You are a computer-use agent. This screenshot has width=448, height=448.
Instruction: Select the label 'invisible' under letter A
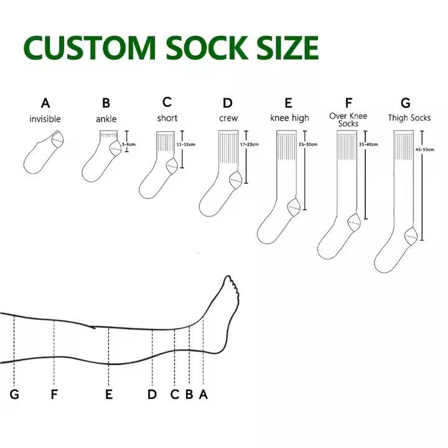(45, 118)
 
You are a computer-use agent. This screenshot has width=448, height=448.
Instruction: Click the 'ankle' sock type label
(106, 118)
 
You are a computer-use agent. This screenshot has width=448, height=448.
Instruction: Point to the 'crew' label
(228, 118)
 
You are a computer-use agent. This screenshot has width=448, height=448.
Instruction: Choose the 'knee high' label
(289, 118)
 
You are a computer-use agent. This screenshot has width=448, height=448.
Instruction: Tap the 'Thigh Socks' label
(409, 118)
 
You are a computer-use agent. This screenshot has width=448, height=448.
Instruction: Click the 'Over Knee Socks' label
(348, 119)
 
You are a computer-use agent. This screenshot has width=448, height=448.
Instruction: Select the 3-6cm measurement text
(128, 144)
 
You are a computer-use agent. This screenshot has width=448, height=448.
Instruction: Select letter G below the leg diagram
(14, 394)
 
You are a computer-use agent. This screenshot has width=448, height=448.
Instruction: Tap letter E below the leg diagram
(109, 394)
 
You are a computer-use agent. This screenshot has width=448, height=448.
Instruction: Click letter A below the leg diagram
(202, 394)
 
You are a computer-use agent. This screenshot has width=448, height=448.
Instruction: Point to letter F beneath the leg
(54, 394)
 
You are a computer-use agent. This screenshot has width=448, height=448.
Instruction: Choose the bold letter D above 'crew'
(228, 103)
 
